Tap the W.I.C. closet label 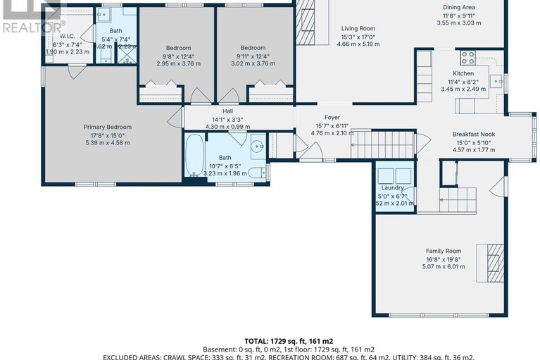[68, 36]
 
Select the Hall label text [227, 111]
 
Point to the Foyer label [332, 117]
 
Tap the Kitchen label [463, 73]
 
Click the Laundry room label [393, 188]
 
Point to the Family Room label [443, 251]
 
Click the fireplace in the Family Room [493, 258]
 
